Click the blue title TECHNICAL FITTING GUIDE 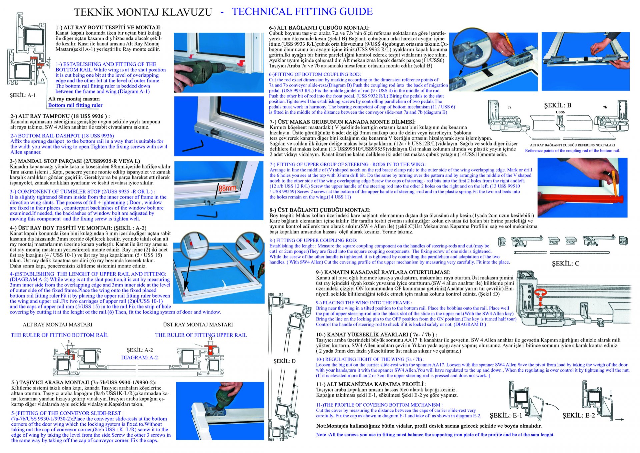[x=302, y=11]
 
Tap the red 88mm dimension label [x=227, y=188]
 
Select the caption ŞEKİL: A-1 [x=23, y=95]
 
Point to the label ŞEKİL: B [x=558, y=105]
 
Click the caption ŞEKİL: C [x=566, y=264]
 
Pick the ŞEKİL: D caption [x=284, y=361]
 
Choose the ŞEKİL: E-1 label [x=506, y=415]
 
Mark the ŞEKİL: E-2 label [x=579, y=415]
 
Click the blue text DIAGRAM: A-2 [x=139, y=358]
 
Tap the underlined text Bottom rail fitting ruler [x=75, y=105]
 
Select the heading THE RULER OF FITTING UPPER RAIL [x=201, y=335]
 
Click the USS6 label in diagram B [x=560, y=112]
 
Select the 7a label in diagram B [x=509, y=107]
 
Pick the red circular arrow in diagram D [x=540, y=293]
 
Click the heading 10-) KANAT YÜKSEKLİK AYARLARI [x=376, y=334]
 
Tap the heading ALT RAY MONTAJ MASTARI [x=57, y=325]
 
